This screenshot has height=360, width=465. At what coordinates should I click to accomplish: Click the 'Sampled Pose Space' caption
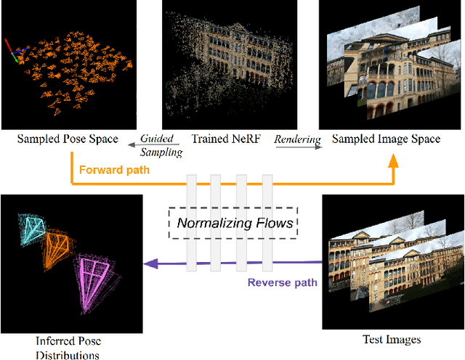coord(68,139)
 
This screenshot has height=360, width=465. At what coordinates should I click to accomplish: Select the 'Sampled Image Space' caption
coord(386,139)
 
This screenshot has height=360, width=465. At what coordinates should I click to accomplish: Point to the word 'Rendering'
coord(297,138)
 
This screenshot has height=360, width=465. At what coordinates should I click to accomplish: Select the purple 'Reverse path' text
coord(282,282)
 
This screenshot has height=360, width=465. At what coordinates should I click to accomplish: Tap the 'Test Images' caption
coord(391,339)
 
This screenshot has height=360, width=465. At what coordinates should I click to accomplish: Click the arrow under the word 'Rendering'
coord(297,146)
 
